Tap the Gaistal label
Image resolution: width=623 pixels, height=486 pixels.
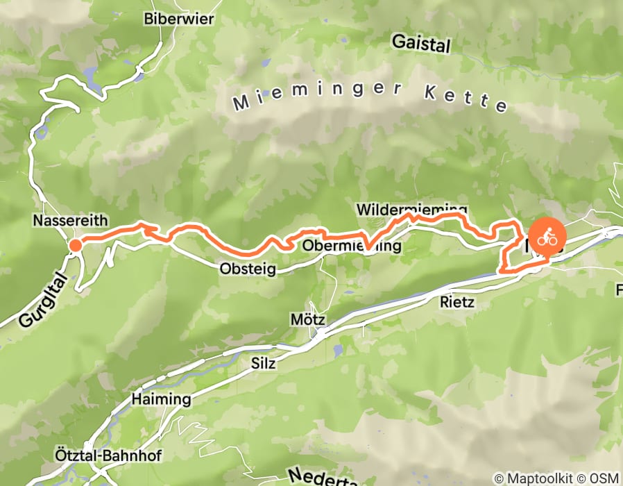420,44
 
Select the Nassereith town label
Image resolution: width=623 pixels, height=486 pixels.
70,221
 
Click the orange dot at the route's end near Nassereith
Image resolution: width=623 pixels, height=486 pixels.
75,244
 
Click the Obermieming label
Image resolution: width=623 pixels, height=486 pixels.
352,246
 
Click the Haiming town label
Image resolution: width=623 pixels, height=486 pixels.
160,400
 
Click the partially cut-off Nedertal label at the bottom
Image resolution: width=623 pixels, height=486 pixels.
320,479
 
